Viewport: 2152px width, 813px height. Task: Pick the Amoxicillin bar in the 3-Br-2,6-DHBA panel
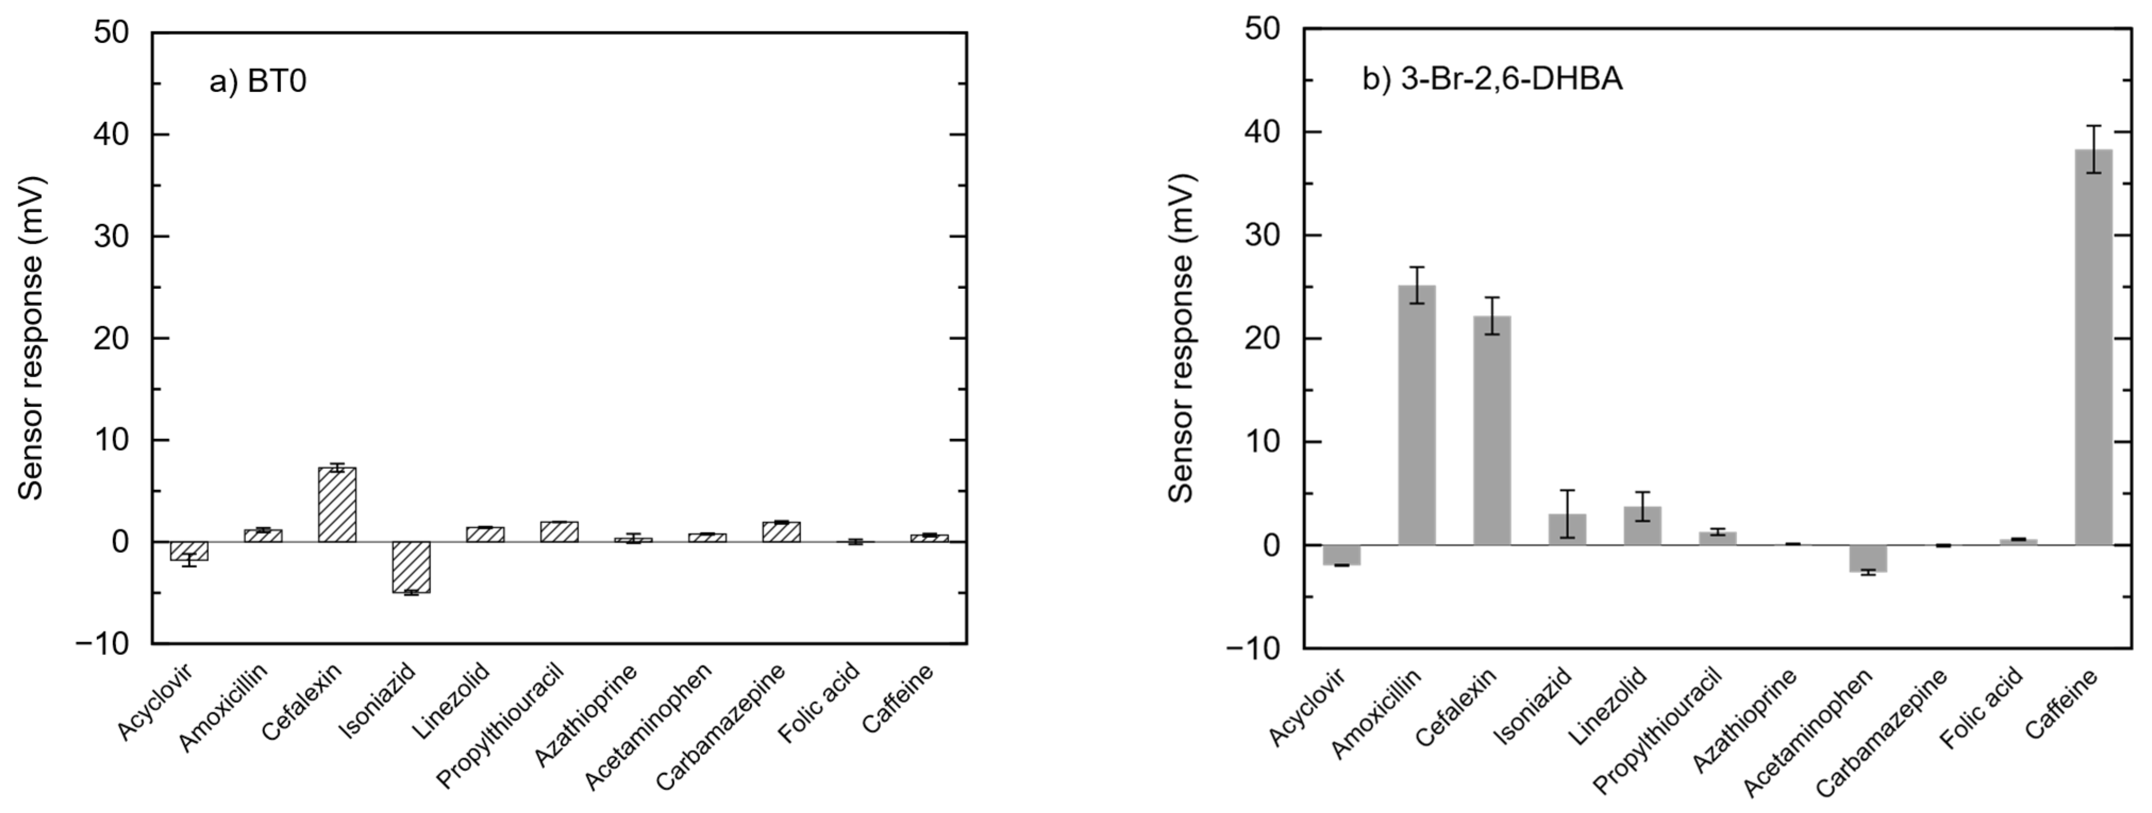1417,415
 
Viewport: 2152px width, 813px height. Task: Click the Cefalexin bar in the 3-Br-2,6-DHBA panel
1492,430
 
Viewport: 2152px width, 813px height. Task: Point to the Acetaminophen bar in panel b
1868,558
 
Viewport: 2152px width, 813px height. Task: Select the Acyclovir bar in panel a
189,551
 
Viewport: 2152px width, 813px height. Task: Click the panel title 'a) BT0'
257,82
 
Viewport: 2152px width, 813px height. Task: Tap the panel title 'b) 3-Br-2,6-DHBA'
1492,79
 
